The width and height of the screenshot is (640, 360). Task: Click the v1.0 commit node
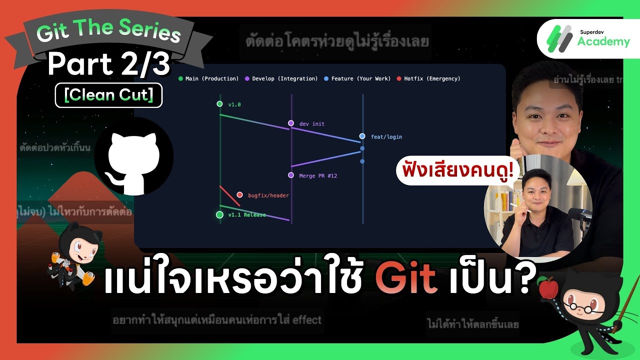pyautogui.click(x=219, y=104)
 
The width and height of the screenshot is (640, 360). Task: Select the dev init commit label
pyautogui.click(x=311, y=123)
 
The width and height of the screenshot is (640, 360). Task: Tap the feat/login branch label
pyautogui.click(x=386, y=136)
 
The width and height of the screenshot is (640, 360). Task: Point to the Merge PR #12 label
pyautogui.click(x=317, y=175)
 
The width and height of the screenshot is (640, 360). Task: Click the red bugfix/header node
pyautogui.click(x=239, y=195)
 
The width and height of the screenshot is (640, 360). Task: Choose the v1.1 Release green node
pyautogui.click(x=219, y=215)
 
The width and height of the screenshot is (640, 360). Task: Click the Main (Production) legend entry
pyautogui.click(x=209, y=78)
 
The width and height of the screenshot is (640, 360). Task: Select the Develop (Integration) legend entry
pyautogui.click(x=281, y=78)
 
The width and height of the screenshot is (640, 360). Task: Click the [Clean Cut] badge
pyautogui.click(x=108, y=95)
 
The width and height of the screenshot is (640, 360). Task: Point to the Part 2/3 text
pyautogui.click(x=109, y=64)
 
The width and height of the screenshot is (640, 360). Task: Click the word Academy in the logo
pyautogui.click(x=603, y=42)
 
